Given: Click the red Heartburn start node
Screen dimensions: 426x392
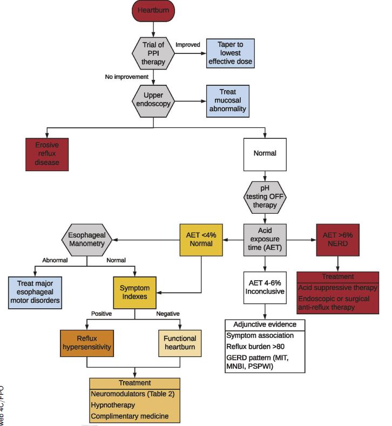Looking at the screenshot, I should coord(154,11).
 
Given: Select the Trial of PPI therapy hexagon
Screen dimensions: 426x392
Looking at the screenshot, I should coord(154,53).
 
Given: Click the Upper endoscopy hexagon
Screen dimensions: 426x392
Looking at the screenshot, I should coord(154,101).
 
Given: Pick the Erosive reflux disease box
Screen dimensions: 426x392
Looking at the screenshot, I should coord(48,154).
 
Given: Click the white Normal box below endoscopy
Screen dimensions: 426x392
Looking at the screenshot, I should coord(265,153).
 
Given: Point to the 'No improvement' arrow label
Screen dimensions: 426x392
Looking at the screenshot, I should coord(126,77).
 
